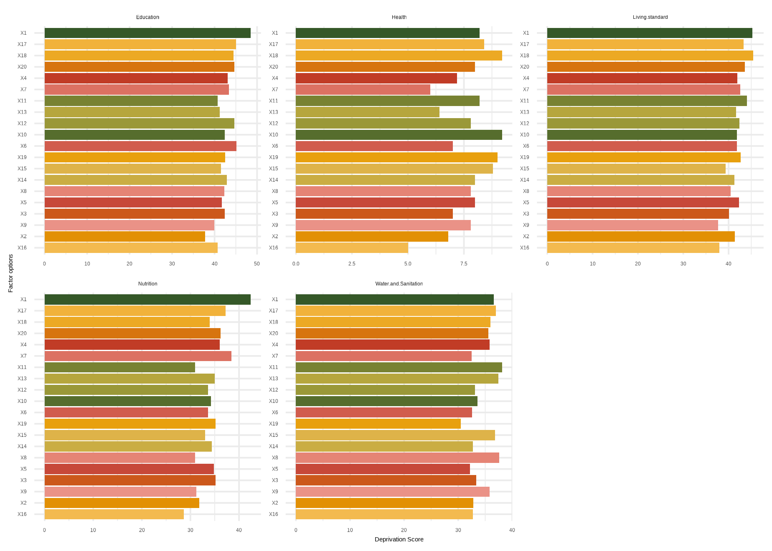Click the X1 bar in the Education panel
(147, 33)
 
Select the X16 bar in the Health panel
(352, 248)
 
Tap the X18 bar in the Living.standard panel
(650, 56)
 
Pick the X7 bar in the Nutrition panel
(138, 356)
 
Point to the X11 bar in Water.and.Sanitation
(399, 367)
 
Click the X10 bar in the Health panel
(399, 135)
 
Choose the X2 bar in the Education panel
(125, 236)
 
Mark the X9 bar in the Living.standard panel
(632, 225)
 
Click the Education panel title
(147, 17)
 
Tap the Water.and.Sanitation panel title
(399, 284)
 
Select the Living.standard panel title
(650, 17)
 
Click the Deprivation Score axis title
(399, 539)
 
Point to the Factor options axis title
(11, 273)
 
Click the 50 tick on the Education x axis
(257, 264)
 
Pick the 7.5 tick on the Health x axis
(464, 264)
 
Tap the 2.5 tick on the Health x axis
(352, 264)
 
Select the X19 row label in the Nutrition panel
(22, 424)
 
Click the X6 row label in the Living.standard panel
(526, 146)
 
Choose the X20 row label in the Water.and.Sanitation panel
(274, 334)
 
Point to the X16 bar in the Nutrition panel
(114, 514)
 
